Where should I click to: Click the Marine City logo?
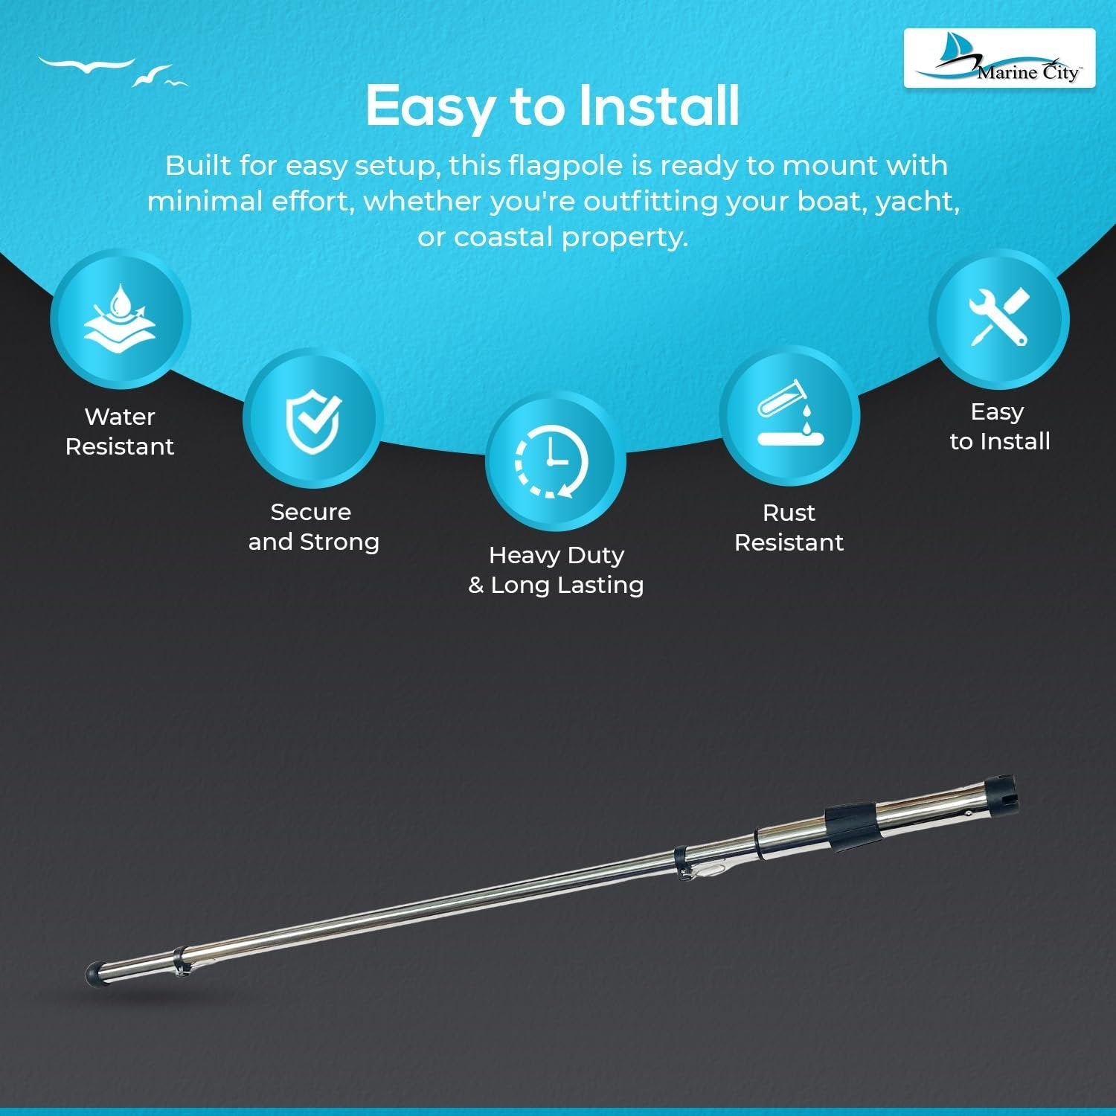point(999,58)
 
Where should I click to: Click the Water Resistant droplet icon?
point(120,319)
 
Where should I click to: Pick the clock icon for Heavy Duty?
point(551,461)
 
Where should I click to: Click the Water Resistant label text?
point(120,432)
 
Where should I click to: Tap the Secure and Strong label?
point(313,527)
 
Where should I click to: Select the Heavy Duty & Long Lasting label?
point(556,570)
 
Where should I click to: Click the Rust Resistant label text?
point(789,527)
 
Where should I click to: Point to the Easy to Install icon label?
point(1000,426)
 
